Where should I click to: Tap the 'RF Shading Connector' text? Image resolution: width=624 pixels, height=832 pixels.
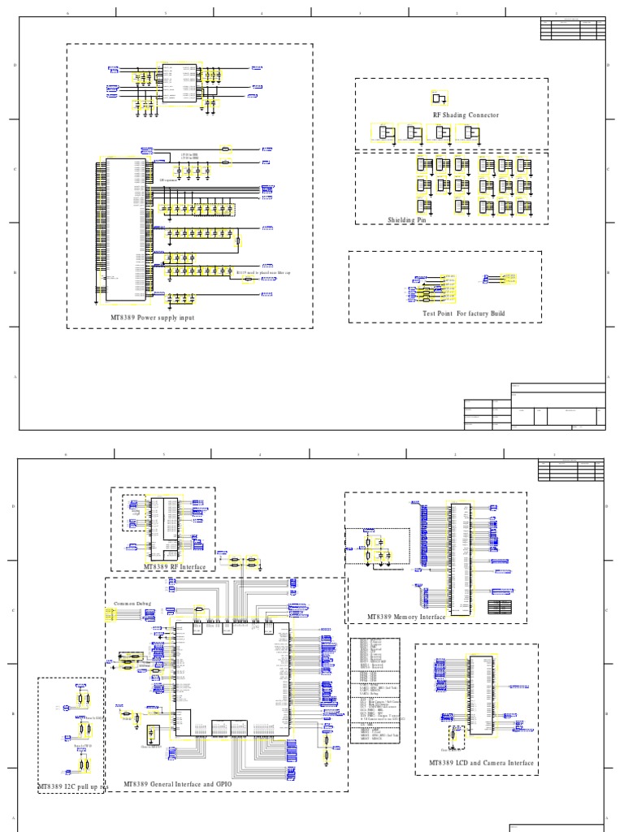[466, 115]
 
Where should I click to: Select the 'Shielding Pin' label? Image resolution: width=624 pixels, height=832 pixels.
[406, 220]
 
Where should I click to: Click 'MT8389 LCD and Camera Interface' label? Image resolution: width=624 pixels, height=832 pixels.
[481, 763]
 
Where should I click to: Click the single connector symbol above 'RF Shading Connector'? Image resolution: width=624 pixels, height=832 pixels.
[440, 98]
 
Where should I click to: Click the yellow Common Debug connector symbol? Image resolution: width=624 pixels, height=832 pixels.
[112, 615]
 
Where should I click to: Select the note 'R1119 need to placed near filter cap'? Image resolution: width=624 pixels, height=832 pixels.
[262, 273]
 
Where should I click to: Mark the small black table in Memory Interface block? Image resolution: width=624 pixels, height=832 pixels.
[500, 607]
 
